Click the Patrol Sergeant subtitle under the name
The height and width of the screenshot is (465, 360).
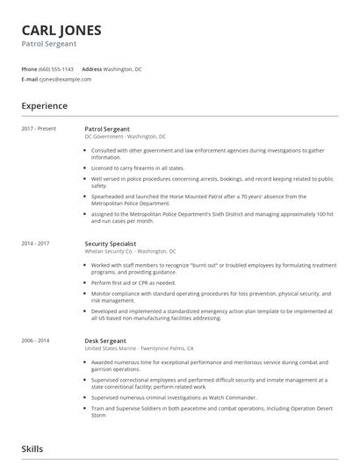coord(49,43)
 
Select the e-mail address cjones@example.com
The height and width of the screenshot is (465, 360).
coord(66,79)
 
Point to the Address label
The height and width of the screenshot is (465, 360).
coord(91,68)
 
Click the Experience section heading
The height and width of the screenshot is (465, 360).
coord(45,106)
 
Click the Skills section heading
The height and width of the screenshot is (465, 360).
coord(32,448)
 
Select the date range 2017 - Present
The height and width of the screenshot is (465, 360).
coord(39,129)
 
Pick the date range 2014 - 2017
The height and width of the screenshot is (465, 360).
coord(36,243)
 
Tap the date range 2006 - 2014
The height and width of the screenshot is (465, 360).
coord(36,340)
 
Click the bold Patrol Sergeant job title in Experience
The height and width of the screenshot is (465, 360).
coord(107,129)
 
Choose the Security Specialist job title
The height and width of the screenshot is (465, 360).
coord(112,243)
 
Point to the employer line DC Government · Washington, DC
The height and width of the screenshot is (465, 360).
coord(126,137)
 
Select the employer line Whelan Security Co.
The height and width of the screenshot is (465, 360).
coord(130,251)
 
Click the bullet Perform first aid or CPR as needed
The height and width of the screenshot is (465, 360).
coord(133,283)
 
